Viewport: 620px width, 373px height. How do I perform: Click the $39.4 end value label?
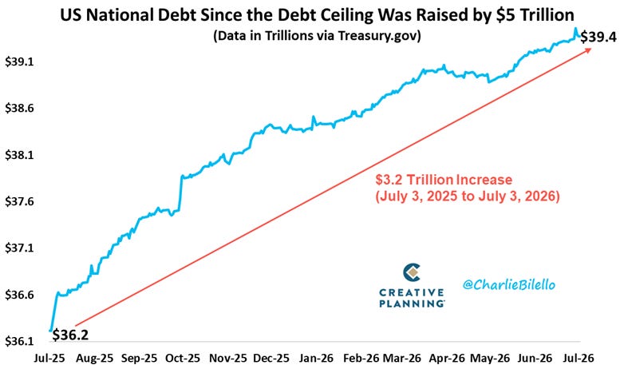(x=598, y=37)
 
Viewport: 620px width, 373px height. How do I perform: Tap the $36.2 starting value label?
(x=70, y=335)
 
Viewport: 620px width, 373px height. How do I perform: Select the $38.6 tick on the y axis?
(x=18, y=108)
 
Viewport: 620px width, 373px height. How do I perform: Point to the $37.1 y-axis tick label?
(x=18, y=248)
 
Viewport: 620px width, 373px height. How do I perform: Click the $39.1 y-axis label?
(x=18, y=62)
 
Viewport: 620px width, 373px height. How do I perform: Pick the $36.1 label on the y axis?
(x=18, y=341)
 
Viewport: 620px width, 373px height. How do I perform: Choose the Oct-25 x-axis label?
(x=183, y=359)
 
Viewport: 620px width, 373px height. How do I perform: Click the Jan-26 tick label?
(x=316, y=359)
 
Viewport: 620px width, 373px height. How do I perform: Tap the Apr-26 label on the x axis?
(x=447, y=359)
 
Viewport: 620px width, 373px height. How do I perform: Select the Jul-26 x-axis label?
(x=578, y=359)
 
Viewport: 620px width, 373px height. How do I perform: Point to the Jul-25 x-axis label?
(x=49, y=359)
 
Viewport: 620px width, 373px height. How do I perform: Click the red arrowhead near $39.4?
(x=588, y=50)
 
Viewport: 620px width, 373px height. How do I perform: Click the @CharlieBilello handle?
(x=509, y=284)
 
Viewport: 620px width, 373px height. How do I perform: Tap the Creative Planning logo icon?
(x=412, y=273)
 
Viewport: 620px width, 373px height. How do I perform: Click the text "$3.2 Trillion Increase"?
(x=444, y=180)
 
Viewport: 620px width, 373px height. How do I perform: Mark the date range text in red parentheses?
(x=468, y=196)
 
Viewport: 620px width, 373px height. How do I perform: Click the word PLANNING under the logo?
(x=412, y=304)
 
